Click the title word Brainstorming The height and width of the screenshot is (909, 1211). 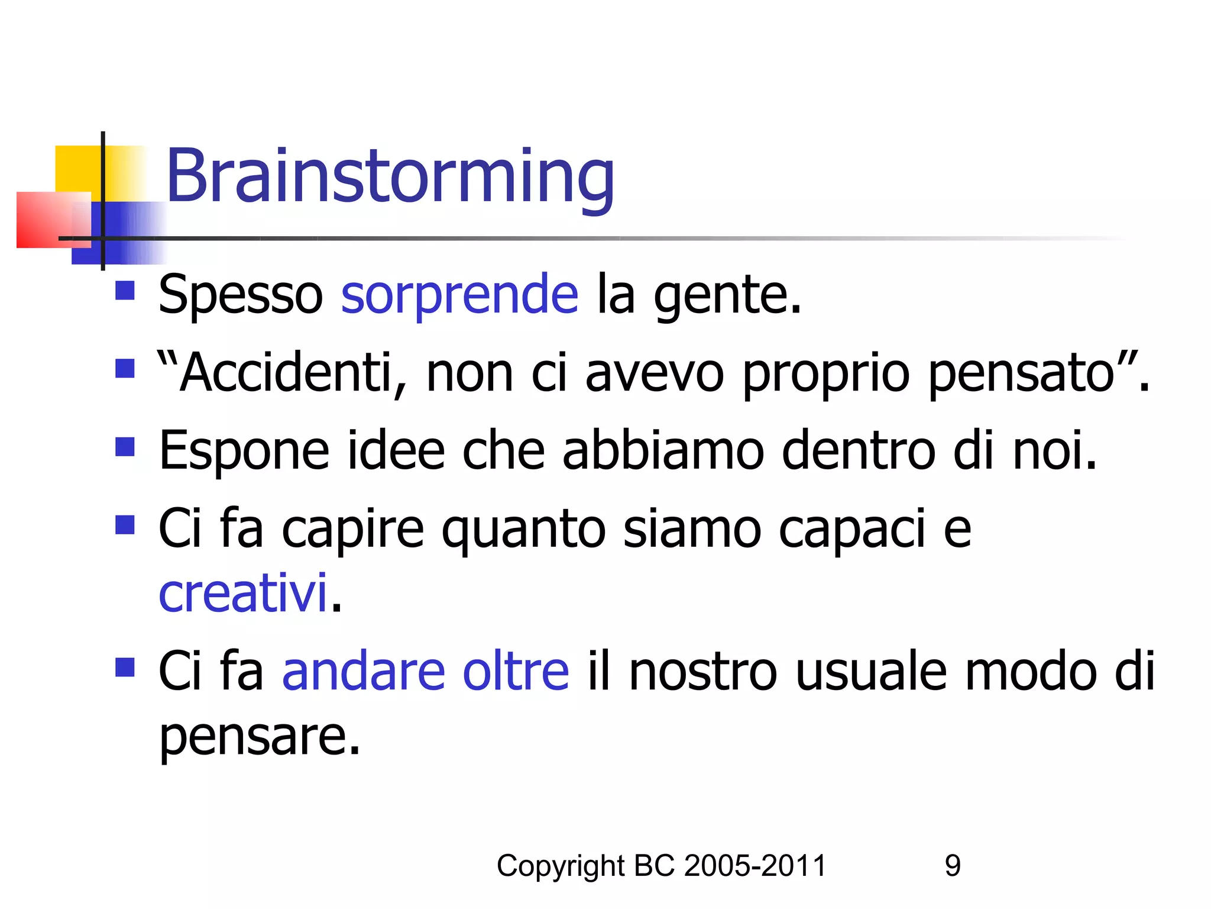coord(390,176)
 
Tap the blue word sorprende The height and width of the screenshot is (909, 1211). coord(459,294)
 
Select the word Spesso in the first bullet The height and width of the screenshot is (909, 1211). coord(241,294)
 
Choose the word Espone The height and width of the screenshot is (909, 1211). coord(244,451)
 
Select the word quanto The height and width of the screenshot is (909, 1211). coord(523,529)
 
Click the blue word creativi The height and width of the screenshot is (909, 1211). coord(242,594)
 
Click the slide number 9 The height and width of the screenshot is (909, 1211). coord(953,866)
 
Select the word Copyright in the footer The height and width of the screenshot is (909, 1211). coord(560,866)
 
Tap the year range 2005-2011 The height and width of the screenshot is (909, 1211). coord(755,866)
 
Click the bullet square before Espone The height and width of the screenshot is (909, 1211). coord(125,447)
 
